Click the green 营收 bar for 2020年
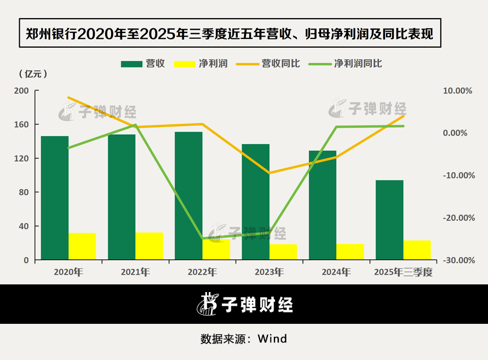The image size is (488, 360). (55, 198)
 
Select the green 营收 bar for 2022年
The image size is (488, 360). (188, 196)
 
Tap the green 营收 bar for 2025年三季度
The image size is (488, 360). (389, 220)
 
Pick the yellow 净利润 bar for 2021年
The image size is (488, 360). (149, 246)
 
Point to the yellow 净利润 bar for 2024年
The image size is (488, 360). (350, 252)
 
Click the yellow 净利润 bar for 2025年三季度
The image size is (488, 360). (417, 250)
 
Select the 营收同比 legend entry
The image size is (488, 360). (268, 64)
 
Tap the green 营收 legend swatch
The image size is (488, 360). (131, 64)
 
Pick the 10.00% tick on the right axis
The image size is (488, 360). (457, 90)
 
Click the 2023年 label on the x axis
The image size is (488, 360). (269, 272)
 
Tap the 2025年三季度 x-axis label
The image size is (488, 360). (403, 272)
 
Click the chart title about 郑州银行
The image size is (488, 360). (229, 35)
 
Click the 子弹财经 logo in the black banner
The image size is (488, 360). (244, 304)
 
